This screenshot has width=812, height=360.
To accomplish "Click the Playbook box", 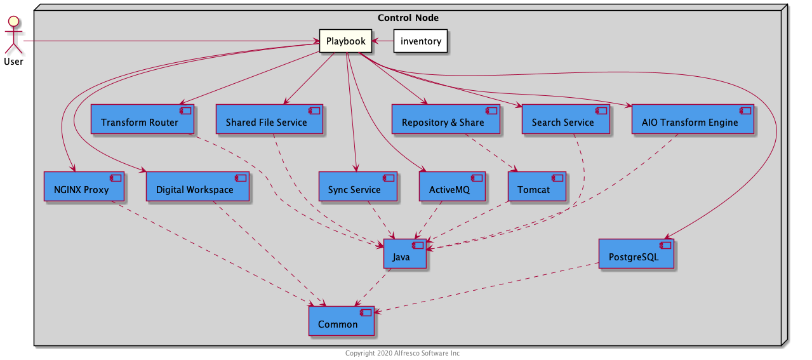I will pos(345,41).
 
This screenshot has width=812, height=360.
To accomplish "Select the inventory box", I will pos(420,41).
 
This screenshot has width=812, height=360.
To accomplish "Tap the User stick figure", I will pos(13,35).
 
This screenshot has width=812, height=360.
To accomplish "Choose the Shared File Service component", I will pos(269,119).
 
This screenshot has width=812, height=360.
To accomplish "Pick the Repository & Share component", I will pos(445,119).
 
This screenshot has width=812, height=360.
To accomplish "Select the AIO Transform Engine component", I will pos(692,119).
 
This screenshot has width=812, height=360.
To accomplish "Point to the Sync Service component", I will pos(357,186).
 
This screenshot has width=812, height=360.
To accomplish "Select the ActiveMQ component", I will pos(452,186).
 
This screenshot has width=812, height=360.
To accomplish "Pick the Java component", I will pos(404,254).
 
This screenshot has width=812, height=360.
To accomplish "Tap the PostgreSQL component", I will pos(636,254).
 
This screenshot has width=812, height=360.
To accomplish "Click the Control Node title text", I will pos(408,17).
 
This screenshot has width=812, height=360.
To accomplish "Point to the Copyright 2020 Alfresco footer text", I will pos(403,353).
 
